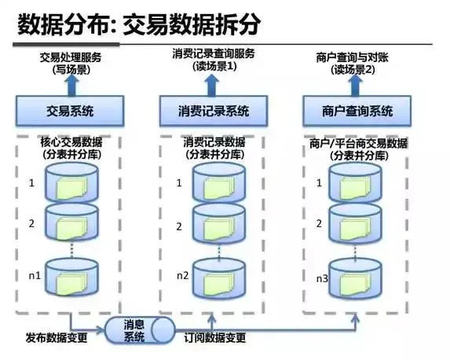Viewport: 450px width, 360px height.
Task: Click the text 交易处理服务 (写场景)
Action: tap(70, 62)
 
